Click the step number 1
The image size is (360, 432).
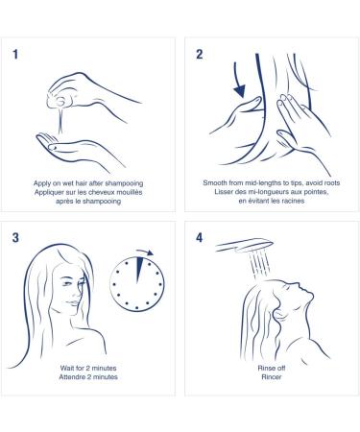coord(15,55)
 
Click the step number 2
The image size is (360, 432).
coord(200,55)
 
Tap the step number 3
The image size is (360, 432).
coord(15,238)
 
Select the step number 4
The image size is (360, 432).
coord(200,238)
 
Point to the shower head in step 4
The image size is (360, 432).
coord(244,246)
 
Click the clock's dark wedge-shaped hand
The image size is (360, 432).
coord(138,270)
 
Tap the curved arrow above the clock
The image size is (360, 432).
coord(145,252)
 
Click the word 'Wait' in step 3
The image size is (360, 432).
coord(66,368)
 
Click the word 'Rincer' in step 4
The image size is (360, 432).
coord(272,377)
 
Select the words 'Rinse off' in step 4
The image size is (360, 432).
coord(272,368)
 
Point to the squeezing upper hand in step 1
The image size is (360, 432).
coord(89,92)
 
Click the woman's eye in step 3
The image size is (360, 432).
coord(67,284)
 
